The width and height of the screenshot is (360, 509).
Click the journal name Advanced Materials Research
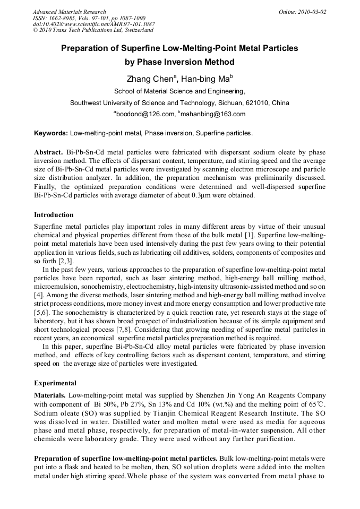[69, 12]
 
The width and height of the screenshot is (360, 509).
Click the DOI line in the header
[93, 24]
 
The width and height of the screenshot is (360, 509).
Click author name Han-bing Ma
[205, 80]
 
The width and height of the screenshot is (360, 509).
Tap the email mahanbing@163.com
[213, 114]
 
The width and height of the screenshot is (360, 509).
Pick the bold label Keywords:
[51, 133]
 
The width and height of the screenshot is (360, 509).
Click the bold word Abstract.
[49, 151]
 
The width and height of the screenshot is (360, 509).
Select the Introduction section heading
[54, 215]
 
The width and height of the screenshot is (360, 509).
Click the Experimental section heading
[55, 383]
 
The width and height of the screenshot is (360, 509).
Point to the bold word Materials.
[50, 395]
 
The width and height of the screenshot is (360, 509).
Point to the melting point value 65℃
[316, 403]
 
